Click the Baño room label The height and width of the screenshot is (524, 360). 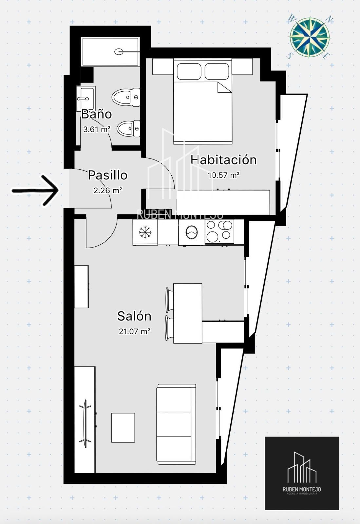pyautogui.click(x=96, y=114)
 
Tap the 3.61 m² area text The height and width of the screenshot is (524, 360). pyautogui.click(x=96, y=129)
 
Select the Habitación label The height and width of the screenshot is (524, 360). pyautogui.click(x=224, y=160)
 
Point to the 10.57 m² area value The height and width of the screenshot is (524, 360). pyautogui.click(x=224, y=175)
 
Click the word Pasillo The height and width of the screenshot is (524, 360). pyautogui.click(x=107, y=175)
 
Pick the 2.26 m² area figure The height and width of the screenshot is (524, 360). pyautogui.click(x=107, y=190)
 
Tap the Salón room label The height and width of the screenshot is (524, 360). pyautogui.click(x=134, y=316)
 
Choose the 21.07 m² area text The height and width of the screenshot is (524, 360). pyautogui.click(x=134, y=331)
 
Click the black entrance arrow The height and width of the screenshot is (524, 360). pyautogui.click(x=35, y=191)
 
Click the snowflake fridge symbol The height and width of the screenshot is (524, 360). pyautogui.click(x=145, y=232)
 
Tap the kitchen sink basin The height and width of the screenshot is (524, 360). pyautogui.click(x=192, y=233)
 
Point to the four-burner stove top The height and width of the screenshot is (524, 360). pyautogui.click(x=219, y=232)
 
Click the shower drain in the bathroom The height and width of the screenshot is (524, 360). pyautogui.click(x=119, y=51)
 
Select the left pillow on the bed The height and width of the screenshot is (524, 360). pyautogui.click(x=189, y=71)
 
